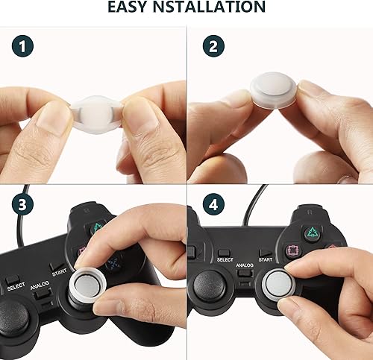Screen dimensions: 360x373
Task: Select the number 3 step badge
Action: [x=23, y=203]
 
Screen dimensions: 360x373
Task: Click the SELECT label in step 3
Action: [x=16, y=286]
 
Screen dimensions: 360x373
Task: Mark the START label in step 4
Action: [x=266, y=259]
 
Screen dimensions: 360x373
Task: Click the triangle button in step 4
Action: [x=310, y=232]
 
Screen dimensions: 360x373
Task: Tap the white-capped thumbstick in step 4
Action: [x=277, y=282]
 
